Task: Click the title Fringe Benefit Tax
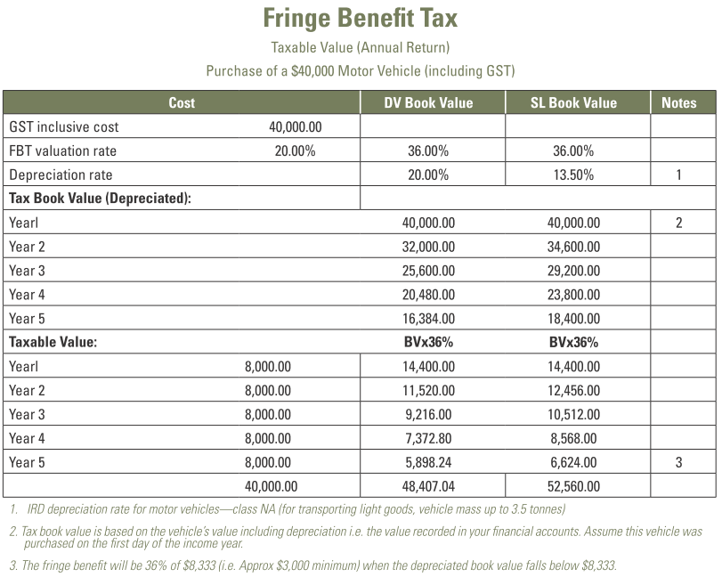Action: tap(361, 19)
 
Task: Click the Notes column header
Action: tap(678, 102)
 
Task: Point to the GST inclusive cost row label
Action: tap(63, 126)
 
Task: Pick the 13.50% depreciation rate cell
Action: tap(573, 175)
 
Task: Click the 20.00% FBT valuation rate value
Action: tap(295, 150)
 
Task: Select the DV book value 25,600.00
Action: tap(428, 271)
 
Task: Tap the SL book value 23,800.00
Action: tap(573, 295)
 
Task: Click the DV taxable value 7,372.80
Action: tap(428, 438)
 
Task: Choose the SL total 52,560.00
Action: tap(573, 486)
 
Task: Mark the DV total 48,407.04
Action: tap(428, 486)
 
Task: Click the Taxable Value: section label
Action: tap(53, 342)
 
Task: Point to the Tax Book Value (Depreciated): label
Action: tap(100, 199)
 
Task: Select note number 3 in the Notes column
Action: tap(678, 462)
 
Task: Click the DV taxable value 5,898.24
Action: tap(428, 462)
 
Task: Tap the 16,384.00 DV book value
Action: tap(428, 319)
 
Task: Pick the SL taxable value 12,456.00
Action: tap(573, 390)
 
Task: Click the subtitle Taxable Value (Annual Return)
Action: tap(361, 47)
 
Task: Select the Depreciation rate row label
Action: tap(61, 175)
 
